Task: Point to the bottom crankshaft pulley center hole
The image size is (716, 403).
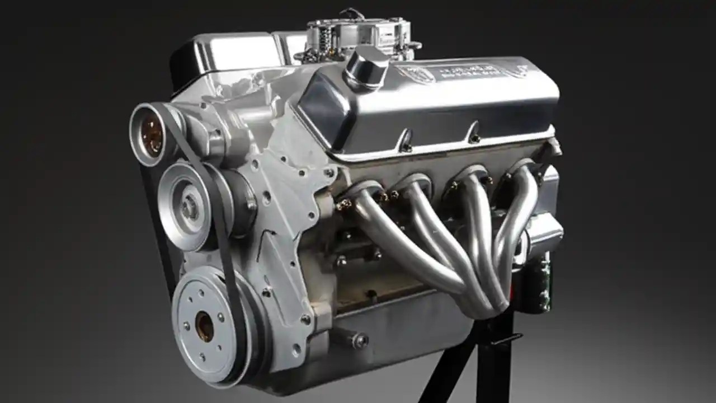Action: coord(204,326)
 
